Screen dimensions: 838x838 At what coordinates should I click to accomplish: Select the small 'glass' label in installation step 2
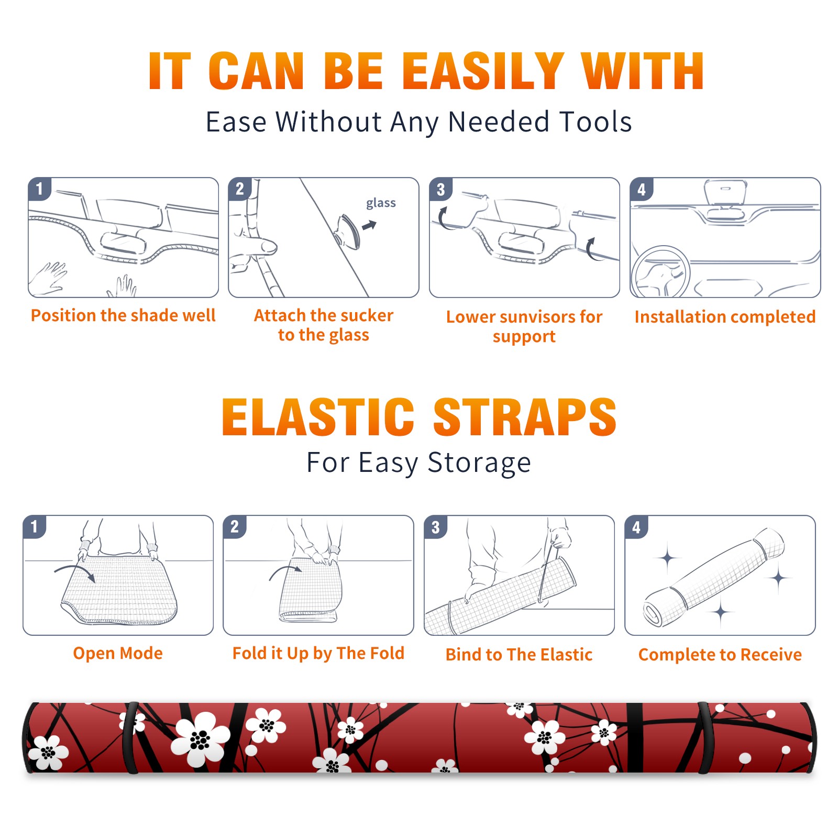click(x=381, y=203)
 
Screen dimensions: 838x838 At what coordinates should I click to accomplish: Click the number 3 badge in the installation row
click(x=440, y=189)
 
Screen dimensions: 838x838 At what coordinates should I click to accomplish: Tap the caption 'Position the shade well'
click(x=123, y=315)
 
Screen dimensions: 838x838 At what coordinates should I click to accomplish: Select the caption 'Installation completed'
click(x=725, y=316)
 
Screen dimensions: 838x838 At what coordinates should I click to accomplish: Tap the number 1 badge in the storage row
click(x=35, y=527)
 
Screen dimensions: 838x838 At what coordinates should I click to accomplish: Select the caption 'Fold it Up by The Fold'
click(x=318, y=653)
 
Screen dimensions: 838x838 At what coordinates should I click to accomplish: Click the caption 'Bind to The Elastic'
click(x=519, y=655)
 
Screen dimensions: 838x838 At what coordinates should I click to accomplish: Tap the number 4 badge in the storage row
click(x=636, y=527)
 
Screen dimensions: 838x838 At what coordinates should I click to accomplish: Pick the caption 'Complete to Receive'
click(x=720, y=655)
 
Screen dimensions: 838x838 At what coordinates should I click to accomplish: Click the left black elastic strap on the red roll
click(x=130, y=737)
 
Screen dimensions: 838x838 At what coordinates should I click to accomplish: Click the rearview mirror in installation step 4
click(x=725, y=193)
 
